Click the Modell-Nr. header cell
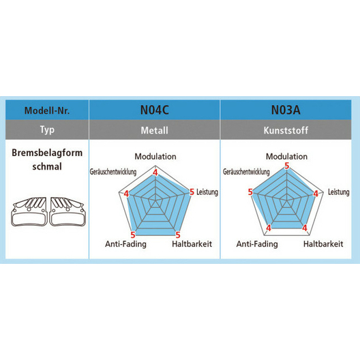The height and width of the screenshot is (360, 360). [47, 110]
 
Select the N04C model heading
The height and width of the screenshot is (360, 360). [155, 110]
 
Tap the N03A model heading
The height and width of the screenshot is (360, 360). [286, 110]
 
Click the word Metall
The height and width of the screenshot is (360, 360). [155, 130]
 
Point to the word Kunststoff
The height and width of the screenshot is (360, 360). [286, 130]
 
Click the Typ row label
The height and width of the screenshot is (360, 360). [47, 130]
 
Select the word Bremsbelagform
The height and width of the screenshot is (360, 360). [47, 153]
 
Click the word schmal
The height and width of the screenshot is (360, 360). [47, 166]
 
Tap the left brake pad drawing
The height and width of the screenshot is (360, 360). [29, 211]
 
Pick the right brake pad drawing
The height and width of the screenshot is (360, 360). [67, 211]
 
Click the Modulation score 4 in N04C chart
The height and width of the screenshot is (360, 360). [155, 172]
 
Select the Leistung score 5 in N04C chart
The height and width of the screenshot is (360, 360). [192, 192]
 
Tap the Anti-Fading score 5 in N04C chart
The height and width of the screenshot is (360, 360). [133, 235]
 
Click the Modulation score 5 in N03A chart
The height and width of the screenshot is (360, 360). [287, 166]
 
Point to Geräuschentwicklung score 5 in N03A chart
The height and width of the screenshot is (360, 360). [250, 192]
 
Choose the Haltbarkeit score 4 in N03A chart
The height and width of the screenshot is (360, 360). [305, 228]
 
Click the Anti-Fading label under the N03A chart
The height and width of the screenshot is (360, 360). [257, 244]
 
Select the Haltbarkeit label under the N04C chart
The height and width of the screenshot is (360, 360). [192, 244]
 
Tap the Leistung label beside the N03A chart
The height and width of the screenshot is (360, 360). [339, 192]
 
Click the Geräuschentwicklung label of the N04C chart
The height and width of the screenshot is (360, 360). [113, 172]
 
